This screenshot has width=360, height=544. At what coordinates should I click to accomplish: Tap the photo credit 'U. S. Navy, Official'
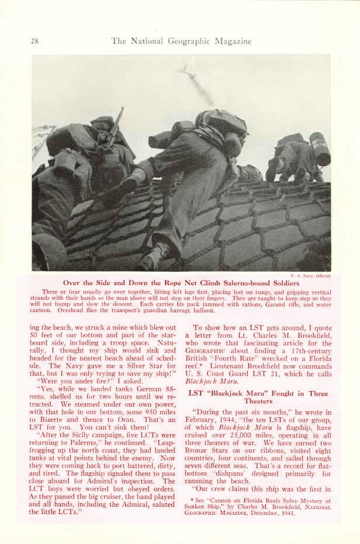point(311,275)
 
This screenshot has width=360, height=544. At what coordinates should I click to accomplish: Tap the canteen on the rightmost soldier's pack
point(320,148)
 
